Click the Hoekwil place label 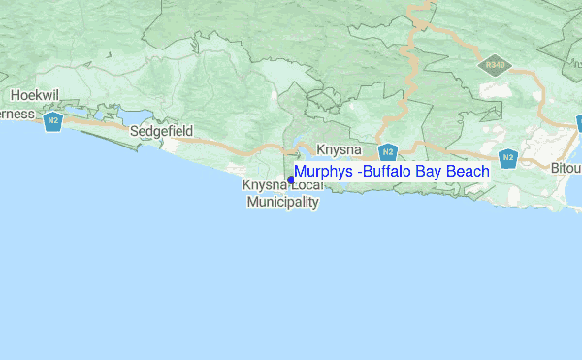37,95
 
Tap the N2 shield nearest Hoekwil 53,122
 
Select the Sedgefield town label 162,130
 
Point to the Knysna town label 339,150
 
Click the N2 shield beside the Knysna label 387,152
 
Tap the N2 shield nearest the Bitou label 507,156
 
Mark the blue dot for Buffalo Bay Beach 291,180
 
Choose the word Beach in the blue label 469,172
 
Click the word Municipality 282,203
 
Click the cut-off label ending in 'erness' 16,114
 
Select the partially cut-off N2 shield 578,123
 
